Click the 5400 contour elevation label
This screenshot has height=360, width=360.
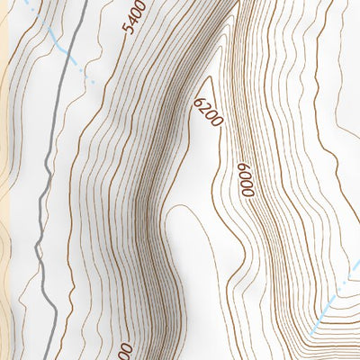tap(134, 18)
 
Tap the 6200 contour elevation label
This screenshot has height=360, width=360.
tap(207, 112)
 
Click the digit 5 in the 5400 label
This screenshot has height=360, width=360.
tap(129, 30)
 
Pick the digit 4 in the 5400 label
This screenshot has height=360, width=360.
tap(132, 22)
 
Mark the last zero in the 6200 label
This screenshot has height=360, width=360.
tap(215, 123)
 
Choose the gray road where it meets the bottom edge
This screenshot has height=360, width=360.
tap(57, 357)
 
